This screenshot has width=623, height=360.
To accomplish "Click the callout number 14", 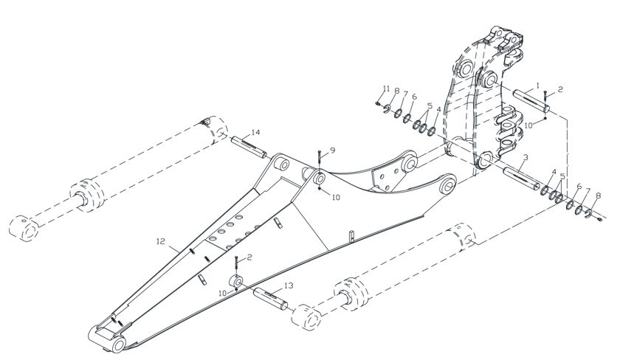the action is [x=255, y=132].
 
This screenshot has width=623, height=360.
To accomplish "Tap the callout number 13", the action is [x=289, y=285].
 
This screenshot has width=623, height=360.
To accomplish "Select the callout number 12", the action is [x=160, y=241].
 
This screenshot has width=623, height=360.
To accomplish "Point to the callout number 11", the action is [x=387, y=88].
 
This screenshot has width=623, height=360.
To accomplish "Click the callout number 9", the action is [x=332, y=150].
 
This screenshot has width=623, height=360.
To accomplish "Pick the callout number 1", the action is [x=537, y=86].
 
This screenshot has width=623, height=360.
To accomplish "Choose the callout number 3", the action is [x=526, y=158].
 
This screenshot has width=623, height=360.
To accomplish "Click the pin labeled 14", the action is [x=249, y=147].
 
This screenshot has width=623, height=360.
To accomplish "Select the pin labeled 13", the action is [x=271, y=299].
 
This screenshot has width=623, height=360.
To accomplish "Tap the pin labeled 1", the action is [x=531, y=101].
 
